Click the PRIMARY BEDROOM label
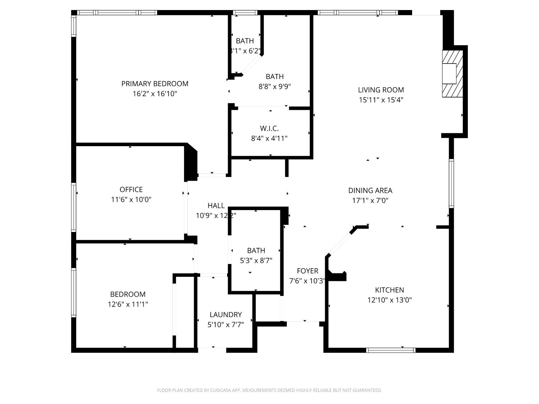(155, 84)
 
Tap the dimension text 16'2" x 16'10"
(155, 94)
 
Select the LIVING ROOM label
(381, 90)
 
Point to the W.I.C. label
(269, 128)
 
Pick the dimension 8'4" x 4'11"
(269, 138)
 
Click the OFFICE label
(131, 189)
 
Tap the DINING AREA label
(370, 190)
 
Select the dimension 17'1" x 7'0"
(370, 200)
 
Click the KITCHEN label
(390, 290)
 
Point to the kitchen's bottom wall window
(391, 350)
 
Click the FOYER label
(307, 271)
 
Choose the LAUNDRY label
(226, 315)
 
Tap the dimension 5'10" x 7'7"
(226, 325)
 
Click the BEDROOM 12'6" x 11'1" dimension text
(128, 304)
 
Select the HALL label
(216, 205)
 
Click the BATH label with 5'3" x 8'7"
(256, 250)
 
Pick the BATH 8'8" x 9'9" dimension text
(275, 87)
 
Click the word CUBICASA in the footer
(220, 390)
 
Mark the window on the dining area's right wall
(451, 183)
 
